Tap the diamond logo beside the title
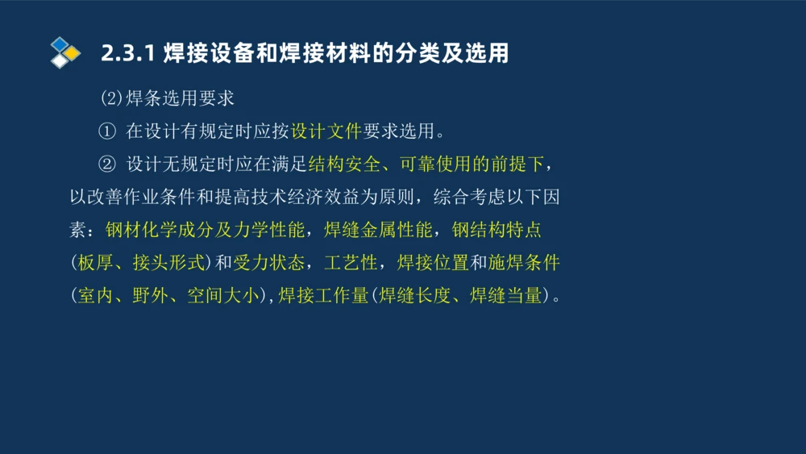[64, 52]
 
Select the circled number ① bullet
[107, 131]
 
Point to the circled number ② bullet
[107, 165]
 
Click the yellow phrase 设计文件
[326, 131]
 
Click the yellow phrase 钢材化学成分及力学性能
[205, 230]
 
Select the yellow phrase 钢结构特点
[496, 230]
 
